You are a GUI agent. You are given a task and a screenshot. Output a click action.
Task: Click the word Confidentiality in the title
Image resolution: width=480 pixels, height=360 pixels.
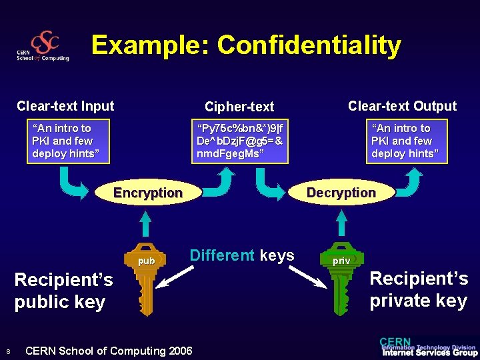coord(309,45)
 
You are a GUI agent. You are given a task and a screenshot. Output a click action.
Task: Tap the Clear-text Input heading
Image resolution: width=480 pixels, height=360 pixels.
coord(65,106)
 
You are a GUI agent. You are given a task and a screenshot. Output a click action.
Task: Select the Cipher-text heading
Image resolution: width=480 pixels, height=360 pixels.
coord(239,107)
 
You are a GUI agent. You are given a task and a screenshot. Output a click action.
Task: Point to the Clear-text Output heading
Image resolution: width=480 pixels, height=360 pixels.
coord(402,106)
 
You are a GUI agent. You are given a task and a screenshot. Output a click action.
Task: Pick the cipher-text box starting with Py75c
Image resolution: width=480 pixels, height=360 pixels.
coord(239,141)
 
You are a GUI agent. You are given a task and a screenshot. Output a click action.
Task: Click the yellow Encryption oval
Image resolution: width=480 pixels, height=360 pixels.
coord(148,193)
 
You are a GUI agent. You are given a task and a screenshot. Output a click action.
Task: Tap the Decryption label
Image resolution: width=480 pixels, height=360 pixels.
coord(341,193)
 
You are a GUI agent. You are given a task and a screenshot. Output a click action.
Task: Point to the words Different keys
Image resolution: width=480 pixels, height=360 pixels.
coord(242,255)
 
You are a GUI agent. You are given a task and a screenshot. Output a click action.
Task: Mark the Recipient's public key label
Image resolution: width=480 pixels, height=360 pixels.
coord(63,291)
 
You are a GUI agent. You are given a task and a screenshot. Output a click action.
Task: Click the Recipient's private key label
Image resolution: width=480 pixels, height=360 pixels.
coord(419,289)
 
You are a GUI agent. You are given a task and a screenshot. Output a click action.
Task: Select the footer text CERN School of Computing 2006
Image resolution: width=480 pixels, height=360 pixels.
coord(109,351)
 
